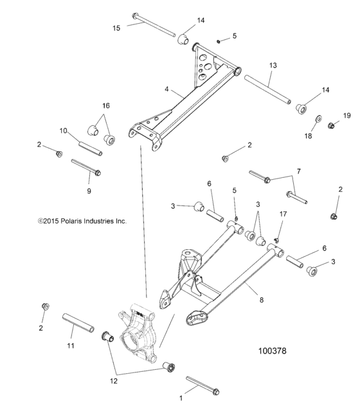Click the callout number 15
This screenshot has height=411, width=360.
click(116, 28)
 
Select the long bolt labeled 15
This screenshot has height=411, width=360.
click(154, 24)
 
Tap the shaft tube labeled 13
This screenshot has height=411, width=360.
click(267, 88)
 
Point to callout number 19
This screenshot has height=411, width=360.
click(346, 116)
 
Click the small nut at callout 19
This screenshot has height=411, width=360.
click(332, 125)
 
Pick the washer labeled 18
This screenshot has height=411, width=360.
click(318, 120)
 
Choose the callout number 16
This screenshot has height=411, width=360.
click(105, 105)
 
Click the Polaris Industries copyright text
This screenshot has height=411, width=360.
click(82, 221)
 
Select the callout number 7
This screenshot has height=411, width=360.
click(298, 171)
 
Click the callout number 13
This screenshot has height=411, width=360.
click(273, 66)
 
